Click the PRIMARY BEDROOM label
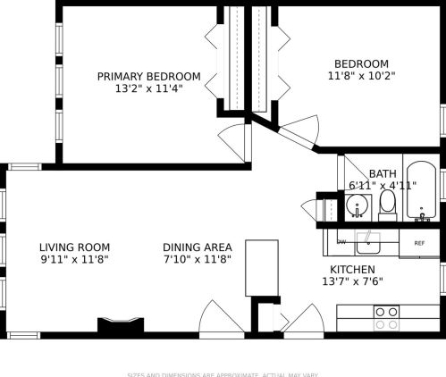(148, 77)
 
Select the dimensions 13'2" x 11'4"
(148, 89)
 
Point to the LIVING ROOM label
(74, 247)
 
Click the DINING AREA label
(198, 247)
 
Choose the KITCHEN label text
(352, 270)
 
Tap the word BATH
(383, 173)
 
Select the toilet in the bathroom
(387, 205)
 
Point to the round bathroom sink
(358, 208)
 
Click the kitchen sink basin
(367, 241)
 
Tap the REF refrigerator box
(418, 242)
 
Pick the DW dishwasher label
(341, 242)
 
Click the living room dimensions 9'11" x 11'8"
(74, 260)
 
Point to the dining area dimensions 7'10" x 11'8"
(198, 260)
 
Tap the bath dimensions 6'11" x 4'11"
(383, 186)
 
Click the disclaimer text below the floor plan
(223, 374)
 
